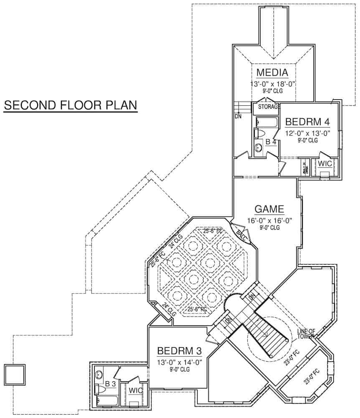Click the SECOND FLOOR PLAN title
click(x=70, y=105)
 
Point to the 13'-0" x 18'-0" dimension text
click(x=273, y=84)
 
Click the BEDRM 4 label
click(x=308, y=122)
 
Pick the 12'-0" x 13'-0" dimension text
click(x=308, y=133)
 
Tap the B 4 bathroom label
click(x=271, y=142)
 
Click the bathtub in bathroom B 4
click(x=264, y=122)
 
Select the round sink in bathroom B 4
click(x=258, y=147)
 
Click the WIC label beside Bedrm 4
click(x=325, y=163)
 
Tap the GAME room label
click(x=269, y=209)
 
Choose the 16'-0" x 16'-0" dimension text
click(x=269, y=220)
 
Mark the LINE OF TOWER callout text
click(x=306, y=334)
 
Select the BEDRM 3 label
click(x=178, y=350)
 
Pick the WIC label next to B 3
click(x=135, y=390)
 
